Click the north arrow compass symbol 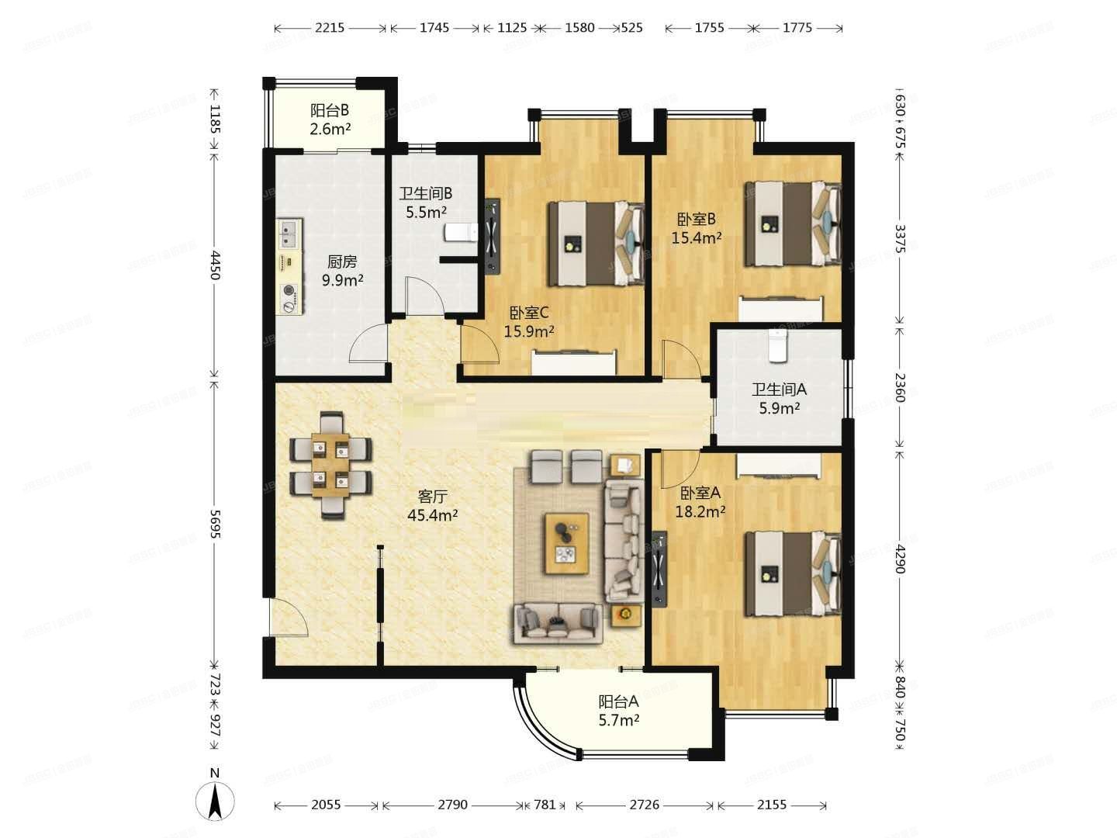pos(215,799)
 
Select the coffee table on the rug pos(565,543)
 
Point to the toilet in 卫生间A pos(776,345)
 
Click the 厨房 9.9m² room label pos(342,271)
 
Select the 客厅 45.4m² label pos(432,505)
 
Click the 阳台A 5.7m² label pos(618,710)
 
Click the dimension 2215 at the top pos(330,28)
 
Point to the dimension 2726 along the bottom pos(644,805)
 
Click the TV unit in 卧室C pos(492,237)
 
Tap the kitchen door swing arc pos(368,345)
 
